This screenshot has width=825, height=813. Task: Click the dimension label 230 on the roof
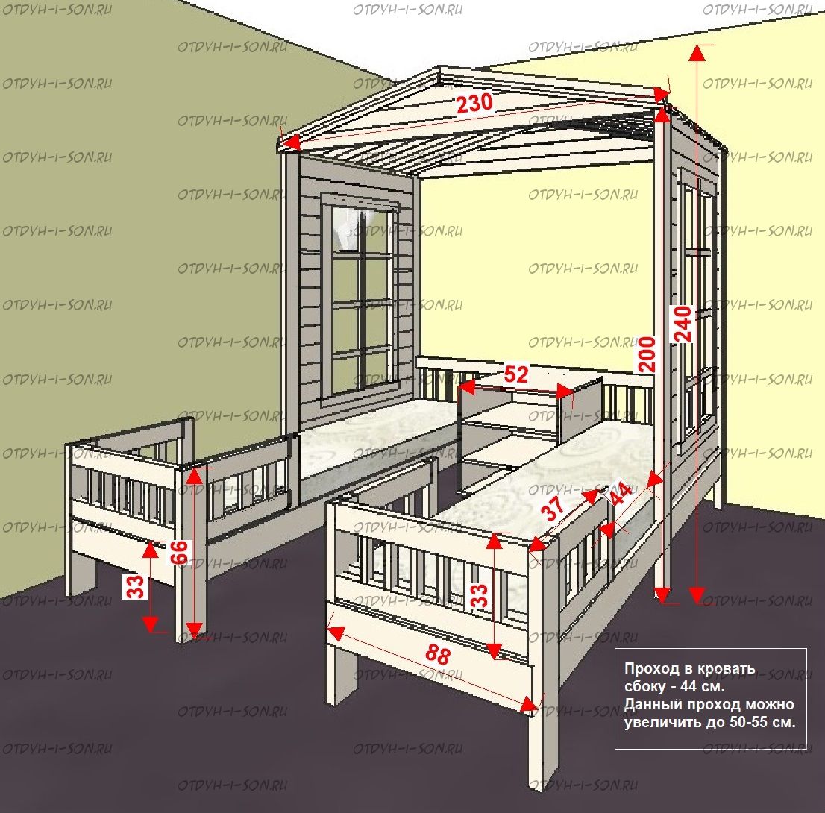click(474, 103)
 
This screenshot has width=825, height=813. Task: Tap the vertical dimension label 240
click(683, 324)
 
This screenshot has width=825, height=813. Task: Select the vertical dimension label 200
click(647, 354)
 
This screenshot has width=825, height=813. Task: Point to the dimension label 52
click(515, 374)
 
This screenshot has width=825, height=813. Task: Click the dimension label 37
click(553, 507)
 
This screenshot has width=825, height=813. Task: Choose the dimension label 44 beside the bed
click(620, 493)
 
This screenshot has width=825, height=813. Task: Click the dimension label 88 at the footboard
click(438, 654)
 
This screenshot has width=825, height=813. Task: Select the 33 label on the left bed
click(136, 586)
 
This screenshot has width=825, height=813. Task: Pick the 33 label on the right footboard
click(480, 595)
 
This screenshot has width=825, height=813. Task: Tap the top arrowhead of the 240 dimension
click(697, 53)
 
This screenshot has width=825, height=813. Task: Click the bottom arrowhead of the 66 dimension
click(195, 630)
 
